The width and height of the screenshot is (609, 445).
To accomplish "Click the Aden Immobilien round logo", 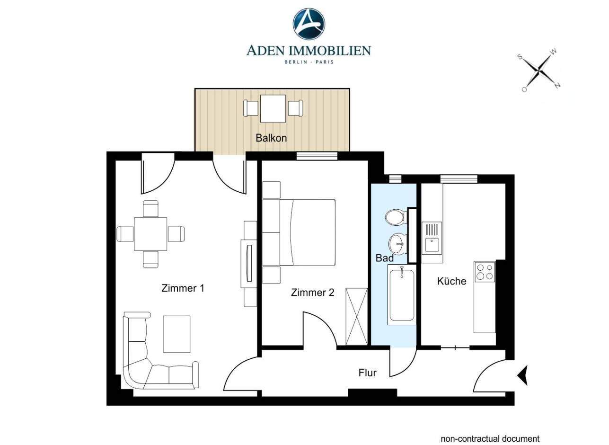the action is point(309,24).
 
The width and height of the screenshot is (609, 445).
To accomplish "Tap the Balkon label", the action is point(271,138).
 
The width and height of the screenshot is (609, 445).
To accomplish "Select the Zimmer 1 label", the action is point(183,288).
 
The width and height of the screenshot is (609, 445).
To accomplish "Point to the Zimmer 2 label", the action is point(312,293).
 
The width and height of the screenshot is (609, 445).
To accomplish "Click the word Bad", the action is point(384,258).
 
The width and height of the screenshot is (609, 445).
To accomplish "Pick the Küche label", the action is point(451,281).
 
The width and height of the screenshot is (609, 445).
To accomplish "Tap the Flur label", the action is point(368,373).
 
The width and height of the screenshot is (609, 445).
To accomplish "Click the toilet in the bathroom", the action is point(396,217).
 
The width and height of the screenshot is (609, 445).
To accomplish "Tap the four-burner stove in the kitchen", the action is point(485,272).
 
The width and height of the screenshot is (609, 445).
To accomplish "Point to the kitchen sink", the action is point(432,238).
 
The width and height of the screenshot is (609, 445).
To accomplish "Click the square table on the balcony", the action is point(273,108).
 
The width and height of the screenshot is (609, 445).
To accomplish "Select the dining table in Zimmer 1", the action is point(150,234).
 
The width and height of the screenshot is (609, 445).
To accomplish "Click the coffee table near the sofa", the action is point(177,334).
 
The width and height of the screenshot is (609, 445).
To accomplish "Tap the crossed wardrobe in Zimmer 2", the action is point(356,317).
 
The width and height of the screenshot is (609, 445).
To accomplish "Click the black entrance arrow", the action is point(522,375).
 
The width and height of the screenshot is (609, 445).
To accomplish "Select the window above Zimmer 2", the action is point(317,156).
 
